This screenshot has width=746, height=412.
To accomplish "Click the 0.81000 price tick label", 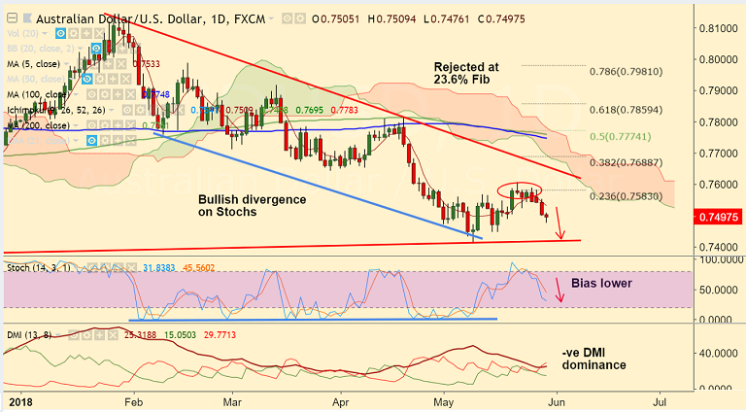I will [x=720, y=28].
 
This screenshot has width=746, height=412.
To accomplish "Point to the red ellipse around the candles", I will [x=522, y=189].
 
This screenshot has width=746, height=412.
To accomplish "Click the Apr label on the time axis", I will [x=340, y=399].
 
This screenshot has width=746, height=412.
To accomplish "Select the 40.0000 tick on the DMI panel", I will [x=720, y=353].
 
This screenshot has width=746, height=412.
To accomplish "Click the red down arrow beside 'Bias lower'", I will [x=559, y=288].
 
